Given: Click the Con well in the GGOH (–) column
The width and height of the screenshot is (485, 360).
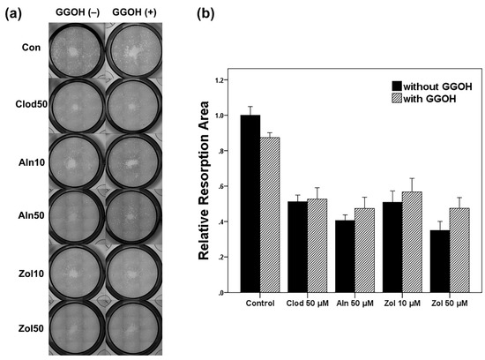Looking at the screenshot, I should click(x=78, y=49).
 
